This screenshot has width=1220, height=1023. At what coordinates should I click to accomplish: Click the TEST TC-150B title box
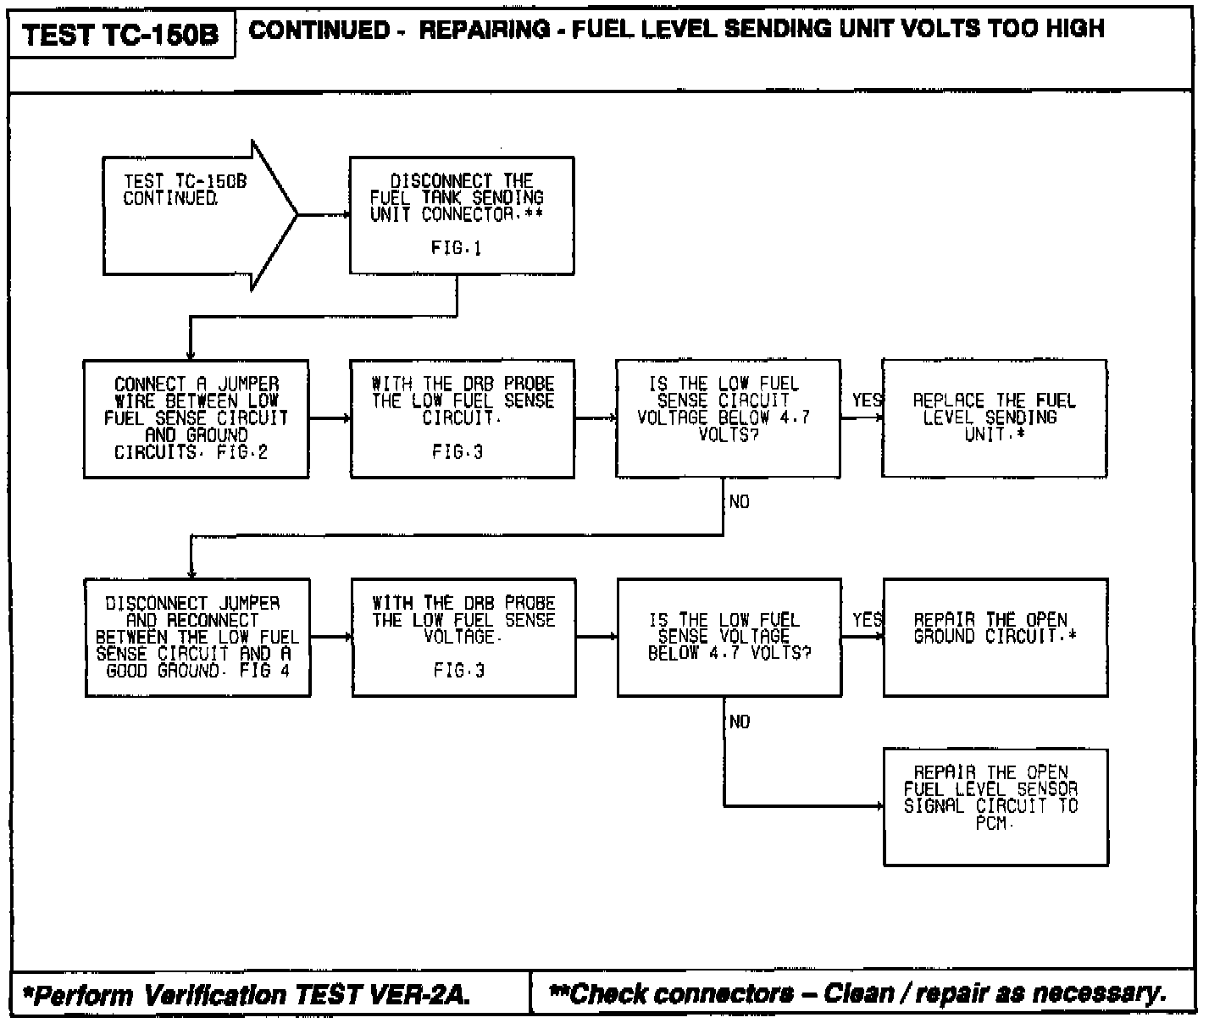pyautogui.click(x=120, y=35)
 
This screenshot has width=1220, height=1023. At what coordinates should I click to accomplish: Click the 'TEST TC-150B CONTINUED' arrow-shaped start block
pyautogui.click(x=195, y=215)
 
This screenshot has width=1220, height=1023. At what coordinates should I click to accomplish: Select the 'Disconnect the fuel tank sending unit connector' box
pyautogui.click(x=461, y=215)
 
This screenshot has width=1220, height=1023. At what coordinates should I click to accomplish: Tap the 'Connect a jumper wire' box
pyautogui.click(x=196, y=418)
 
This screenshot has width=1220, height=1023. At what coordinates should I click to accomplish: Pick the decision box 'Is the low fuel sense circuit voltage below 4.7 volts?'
pyautogui.click(x=728, y=418)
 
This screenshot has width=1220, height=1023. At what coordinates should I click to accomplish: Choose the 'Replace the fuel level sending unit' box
pyautogui.click(x=994, y=418)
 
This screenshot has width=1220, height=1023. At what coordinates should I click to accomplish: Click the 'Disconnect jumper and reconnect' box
pyautogui.click(x=197, y=638)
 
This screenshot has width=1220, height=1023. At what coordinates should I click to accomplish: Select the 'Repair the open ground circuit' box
pyautogui.click(x=995, y=638)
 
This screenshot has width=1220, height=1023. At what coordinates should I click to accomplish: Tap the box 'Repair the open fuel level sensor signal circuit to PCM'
pyautogui.click(x=995, y=806)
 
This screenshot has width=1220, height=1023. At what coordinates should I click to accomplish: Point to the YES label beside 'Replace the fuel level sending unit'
pyautogui.click(x=867, y=400)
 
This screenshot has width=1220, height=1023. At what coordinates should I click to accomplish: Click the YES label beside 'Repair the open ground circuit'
pyautogui.click(x=867, y=620)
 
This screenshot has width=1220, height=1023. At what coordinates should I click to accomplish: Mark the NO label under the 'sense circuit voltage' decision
pyautogui.click(x=739, y=502)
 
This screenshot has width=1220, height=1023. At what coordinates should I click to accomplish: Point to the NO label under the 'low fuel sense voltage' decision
pyautogui.click(x=739, y=722)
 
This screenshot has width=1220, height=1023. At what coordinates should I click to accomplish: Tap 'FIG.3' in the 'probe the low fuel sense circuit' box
pyautogui.click(x=457, y=452)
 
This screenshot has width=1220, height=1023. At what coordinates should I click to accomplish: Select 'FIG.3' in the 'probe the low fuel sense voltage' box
pyautogui.click(x=459, y=672)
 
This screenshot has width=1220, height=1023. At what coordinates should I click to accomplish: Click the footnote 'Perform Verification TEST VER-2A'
pyautogui.click(x=246, y=994)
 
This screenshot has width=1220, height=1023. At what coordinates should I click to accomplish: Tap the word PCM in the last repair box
pyautogui.click(x=992, y=823)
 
